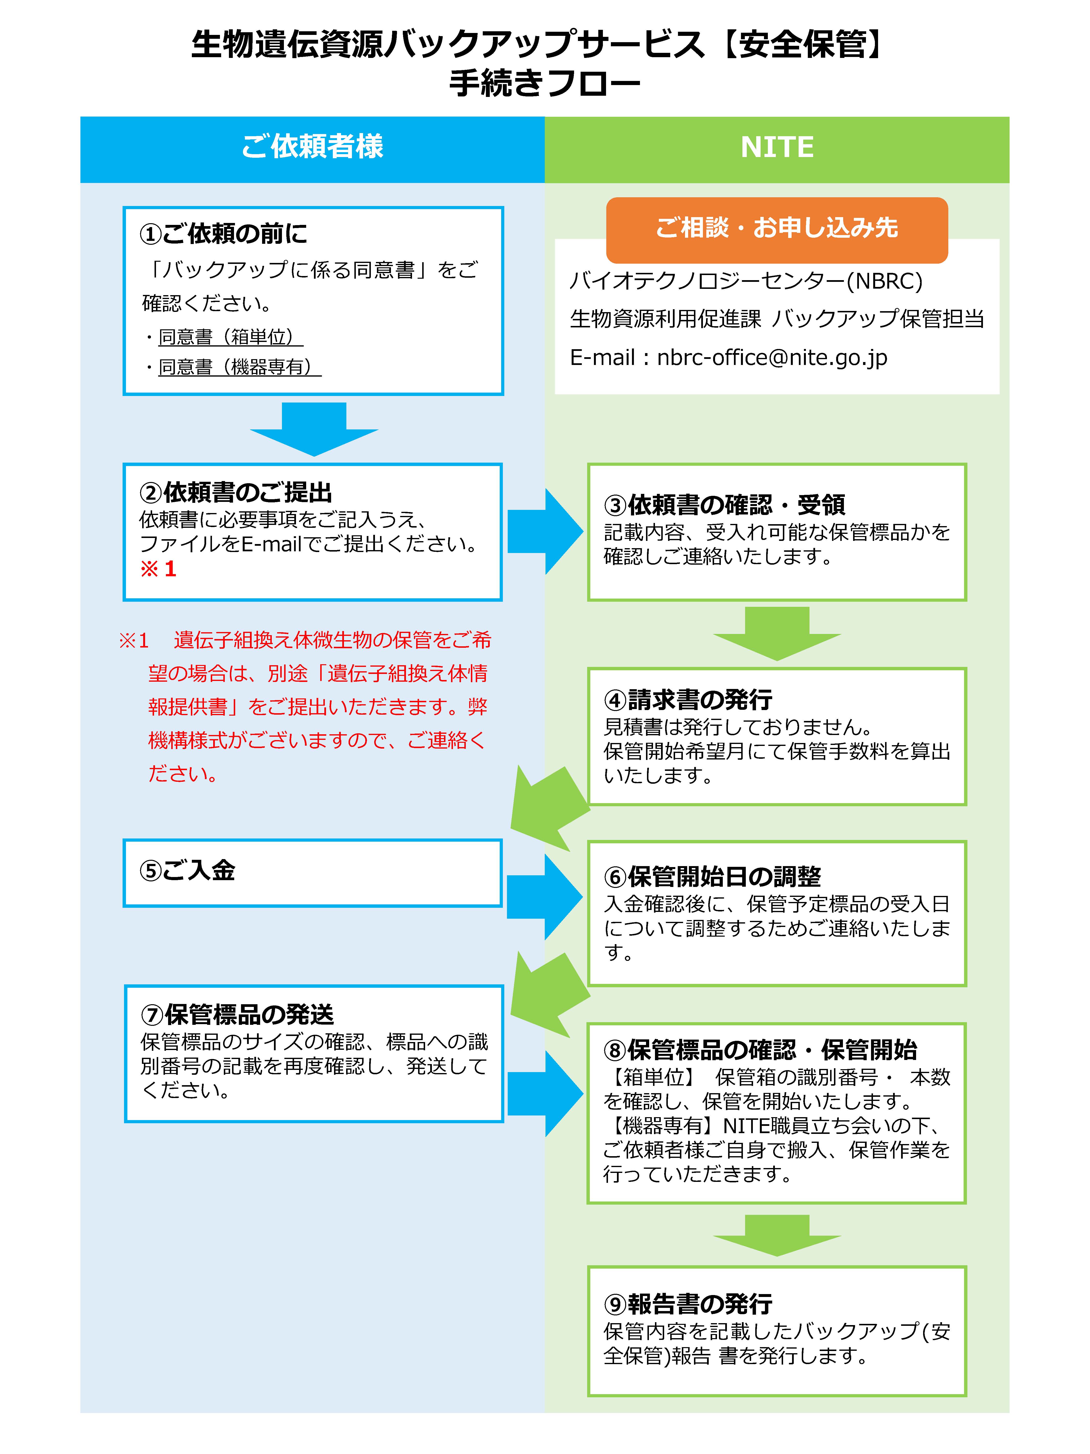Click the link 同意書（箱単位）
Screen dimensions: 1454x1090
[x=230, y=337]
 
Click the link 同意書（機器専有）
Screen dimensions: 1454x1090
[x=239, y=367]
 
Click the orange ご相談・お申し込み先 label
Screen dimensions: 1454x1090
[x=777, y=228]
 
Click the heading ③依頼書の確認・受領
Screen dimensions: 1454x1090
[x=724, y=505]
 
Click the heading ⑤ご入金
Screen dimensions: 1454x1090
[x=187, y=871]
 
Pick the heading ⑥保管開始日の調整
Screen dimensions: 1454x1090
[x=712, y=877]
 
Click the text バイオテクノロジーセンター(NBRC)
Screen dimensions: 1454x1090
[x=746, y=281]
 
